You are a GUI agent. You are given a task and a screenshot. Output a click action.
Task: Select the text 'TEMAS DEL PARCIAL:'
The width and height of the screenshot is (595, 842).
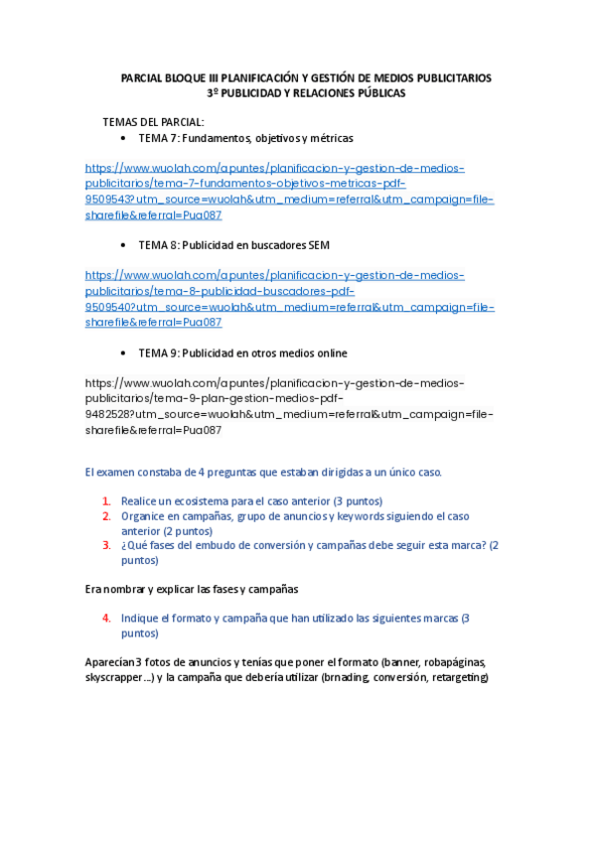click(x=153, y=122)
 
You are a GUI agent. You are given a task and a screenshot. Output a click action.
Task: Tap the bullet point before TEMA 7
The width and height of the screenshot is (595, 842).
click(x=121, y=138)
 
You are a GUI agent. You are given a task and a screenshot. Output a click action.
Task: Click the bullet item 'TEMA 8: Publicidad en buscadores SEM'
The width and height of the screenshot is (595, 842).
click(x=233, y=245)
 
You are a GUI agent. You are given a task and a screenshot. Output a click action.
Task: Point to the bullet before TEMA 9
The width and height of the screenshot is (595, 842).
click(x=121, y=353)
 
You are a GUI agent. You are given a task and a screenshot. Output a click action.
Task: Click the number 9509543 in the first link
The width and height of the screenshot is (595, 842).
click(x=108, y=200)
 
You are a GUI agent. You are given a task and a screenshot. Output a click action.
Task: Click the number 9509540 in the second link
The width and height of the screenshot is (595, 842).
click(x=108, y=307)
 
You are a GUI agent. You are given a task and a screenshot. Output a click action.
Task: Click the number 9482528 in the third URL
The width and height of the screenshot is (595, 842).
click(x=108, y=415)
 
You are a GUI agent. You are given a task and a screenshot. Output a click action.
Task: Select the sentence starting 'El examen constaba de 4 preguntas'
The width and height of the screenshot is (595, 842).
click(x=263, y=472)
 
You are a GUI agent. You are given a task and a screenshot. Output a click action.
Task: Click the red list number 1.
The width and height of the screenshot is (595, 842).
click(x=106, y=501)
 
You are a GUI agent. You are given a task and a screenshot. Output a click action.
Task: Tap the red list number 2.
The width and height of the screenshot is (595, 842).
click(x=106, y=516)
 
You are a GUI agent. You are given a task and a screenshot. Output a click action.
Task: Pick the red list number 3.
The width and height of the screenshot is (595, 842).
click(x=106, y=545)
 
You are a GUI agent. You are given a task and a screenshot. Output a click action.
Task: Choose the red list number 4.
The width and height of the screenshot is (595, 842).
click(x=106, y=618)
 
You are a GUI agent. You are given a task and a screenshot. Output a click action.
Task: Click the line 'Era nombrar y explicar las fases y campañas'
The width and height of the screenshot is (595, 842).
click(x=191, y=589)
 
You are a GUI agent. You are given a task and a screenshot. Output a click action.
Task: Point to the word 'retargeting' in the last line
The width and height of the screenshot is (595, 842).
click(x=458, y=677)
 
